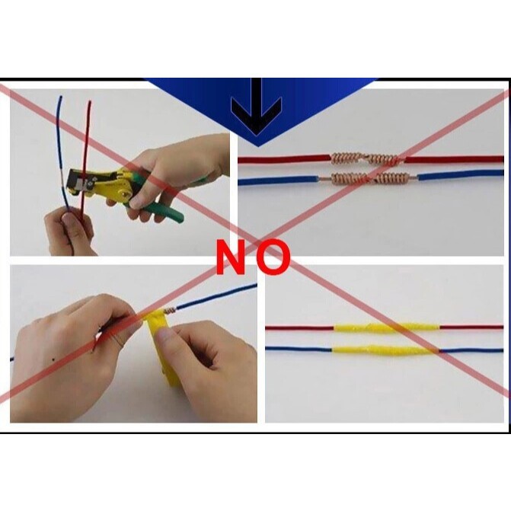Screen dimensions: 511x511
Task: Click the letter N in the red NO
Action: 231,258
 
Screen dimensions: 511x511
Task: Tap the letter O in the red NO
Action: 273,258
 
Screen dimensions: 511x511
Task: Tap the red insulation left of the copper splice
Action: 282,160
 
